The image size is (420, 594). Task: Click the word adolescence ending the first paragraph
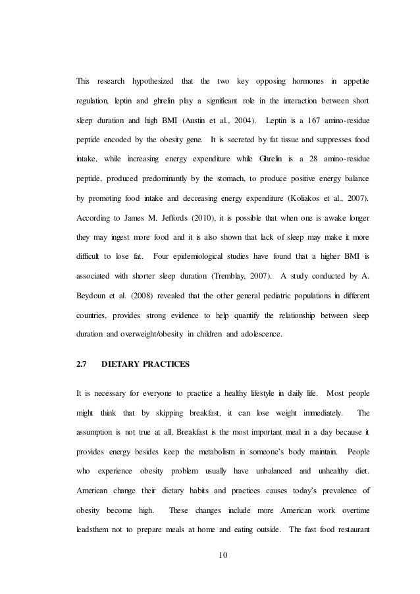point(255,335)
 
